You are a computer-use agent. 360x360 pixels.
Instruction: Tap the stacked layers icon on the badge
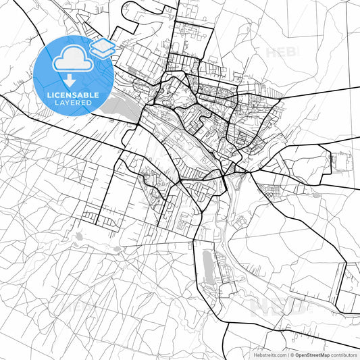(103, 47)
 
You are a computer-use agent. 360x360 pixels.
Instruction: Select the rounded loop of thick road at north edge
(128, 9)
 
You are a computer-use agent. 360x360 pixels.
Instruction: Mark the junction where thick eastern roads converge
(249, 171)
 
